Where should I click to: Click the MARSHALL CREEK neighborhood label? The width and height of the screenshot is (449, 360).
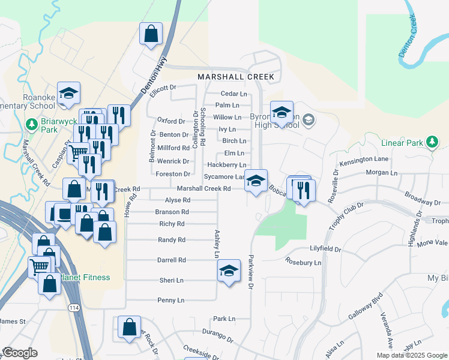tap(236, 77)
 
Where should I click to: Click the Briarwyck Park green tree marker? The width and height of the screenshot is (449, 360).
tap(32, 124)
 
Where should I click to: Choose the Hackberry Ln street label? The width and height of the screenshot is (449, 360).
tap(226, 164)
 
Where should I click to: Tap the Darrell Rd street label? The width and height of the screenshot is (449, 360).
tap(172, 260)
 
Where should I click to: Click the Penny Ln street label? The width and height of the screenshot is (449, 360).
tap(170, 300)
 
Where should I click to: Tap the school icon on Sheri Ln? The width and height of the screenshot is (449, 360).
tap(229, 271)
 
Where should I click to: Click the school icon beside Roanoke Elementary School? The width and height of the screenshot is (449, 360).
tap(69, 94)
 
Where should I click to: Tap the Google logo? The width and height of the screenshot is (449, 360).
tap(19, 353)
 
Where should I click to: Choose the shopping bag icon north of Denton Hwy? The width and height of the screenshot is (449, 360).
tap(151, 34)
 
